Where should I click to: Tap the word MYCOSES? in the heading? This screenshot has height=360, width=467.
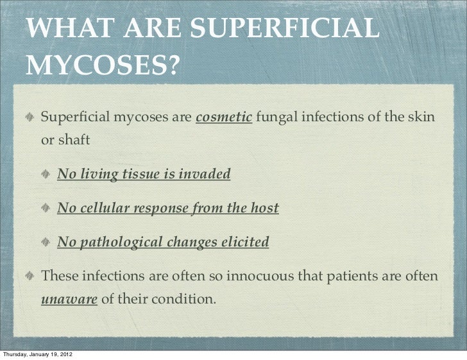click(102, 64)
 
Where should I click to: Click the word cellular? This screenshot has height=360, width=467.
click(105, 209)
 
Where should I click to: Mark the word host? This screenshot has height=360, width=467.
click(265, 209)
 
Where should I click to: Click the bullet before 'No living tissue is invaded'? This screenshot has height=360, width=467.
click(49, 175)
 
